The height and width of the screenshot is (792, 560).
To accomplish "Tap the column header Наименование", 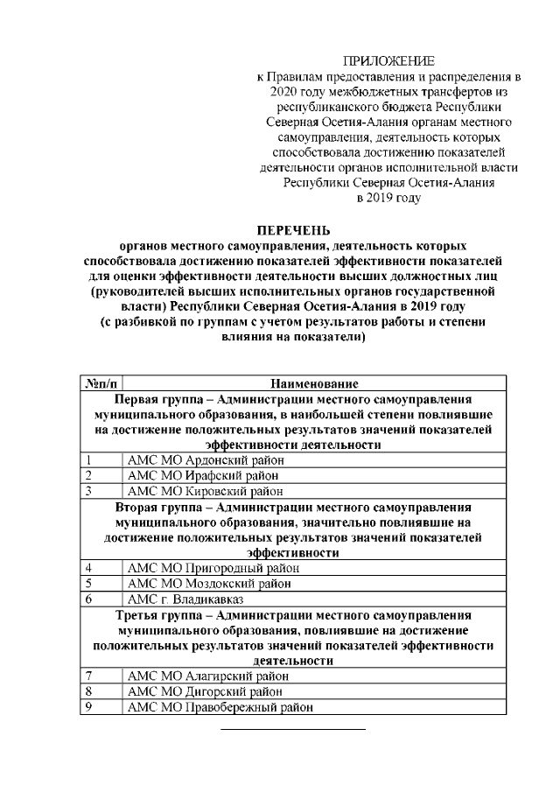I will pos(313,383).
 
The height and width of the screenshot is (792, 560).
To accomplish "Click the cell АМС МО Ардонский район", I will pos(206,460).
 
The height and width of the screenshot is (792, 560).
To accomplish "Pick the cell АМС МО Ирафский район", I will pos(203,475).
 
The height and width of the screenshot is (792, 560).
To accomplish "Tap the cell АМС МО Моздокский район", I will pos(210,584).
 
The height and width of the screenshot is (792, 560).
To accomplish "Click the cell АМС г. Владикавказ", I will pos(185,599).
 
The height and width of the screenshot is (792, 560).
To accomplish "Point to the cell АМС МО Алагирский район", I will pos(208,676).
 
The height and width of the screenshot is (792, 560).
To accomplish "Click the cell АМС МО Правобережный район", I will pos(220,708).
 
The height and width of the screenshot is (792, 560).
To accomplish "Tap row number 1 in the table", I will pos(88,460).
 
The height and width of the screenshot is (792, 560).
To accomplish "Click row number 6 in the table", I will pos(88,599).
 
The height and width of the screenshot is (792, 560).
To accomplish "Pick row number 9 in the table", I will pos(88,708).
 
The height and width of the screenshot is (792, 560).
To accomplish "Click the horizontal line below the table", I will pos(291,728).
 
